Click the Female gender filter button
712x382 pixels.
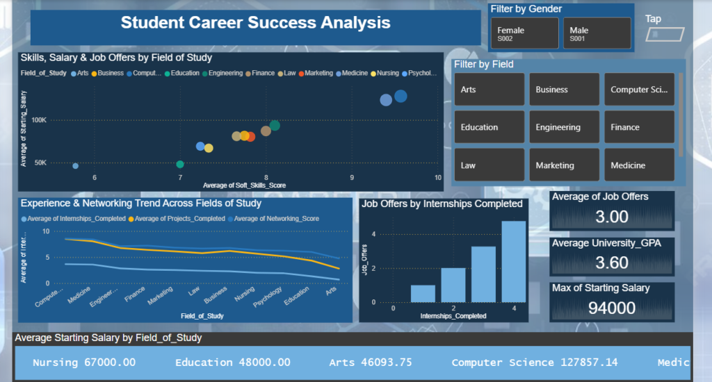pyautogui.click(x=525, y=33)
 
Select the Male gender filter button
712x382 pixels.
pyautogui.click(x=597, y=33)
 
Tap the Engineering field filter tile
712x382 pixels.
pyautogui.click(x=563, y=128)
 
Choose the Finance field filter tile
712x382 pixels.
pyautogui.click(x=638, y=128)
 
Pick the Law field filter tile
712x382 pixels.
pyautogui.click(x=488, y=165)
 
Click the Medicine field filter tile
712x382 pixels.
pyautogui.click(x=638, y=165)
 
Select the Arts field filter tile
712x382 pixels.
pyautogui.click(x=488, y=90)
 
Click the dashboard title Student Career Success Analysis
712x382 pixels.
pyautogui.click(x=255, y=23)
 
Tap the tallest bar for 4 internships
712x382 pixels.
pyautogui.click(x=513, y=261)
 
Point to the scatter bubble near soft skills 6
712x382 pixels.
pyautogui.click(x=75, y=165)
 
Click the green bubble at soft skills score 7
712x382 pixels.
pyautogui.click(x=180, y=165)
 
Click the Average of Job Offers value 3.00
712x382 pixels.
pyautogui.click(x=612, y=217)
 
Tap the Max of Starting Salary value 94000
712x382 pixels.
pyautogui.click(x=612, y=308)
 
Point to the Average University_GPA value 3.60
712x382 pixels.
pyautogui.click(x=612, y=262)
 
